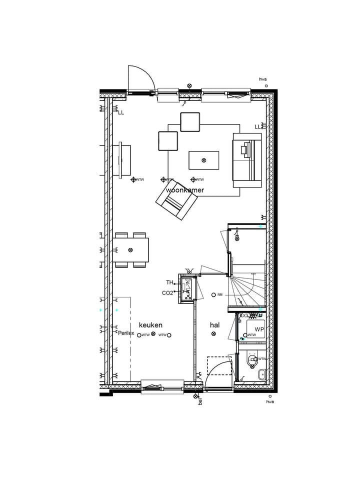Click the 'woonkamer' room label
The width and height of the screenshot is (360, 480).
pyautogui.click(x=184, y=190)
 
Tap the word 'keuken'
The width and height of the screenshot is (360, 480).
pyautogui.click(x=150, y=325)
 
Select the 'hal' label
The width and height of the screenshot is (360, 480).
pyautogui.click(x=214, y=325)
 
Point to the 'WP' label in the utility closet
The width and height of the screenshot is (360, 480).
pyautogui.click(x=259, y=329)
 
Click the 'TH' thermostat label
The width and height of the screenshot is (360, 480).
pyautogui.click(x=169, y=282)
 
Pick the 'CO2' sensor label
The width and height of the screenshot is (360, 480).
pyautogui.click(x=167, y=293)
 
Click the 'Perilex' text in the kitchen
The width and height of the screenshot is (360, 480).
pyautogui.click(x=126, y=333)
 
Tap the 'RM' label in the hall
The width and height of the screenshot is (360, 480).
pyautogui.click(x=219, y=294)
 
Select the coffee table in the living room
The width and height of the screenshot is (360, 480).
pyautogui.click(x=203, y=160)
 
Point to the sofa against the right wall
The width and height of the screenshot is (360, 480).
pyautogui.click(x=247, y=160)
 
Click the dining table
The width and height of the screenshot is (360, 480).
pyautogui.click(x=130, y=250)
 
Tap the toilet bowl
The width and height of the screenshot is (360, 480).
pyautogui.click(x=253, y=359)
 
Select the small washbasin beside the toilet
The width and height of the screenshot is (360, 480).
pyautogui.click(x=261, y=373)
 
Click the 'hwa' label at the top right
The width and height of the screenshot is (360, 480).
pyautogui.click(x=263, y=79)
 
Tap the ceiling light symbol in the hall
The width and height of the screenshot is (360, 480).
pyautogui.click(x=214, y=334)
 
